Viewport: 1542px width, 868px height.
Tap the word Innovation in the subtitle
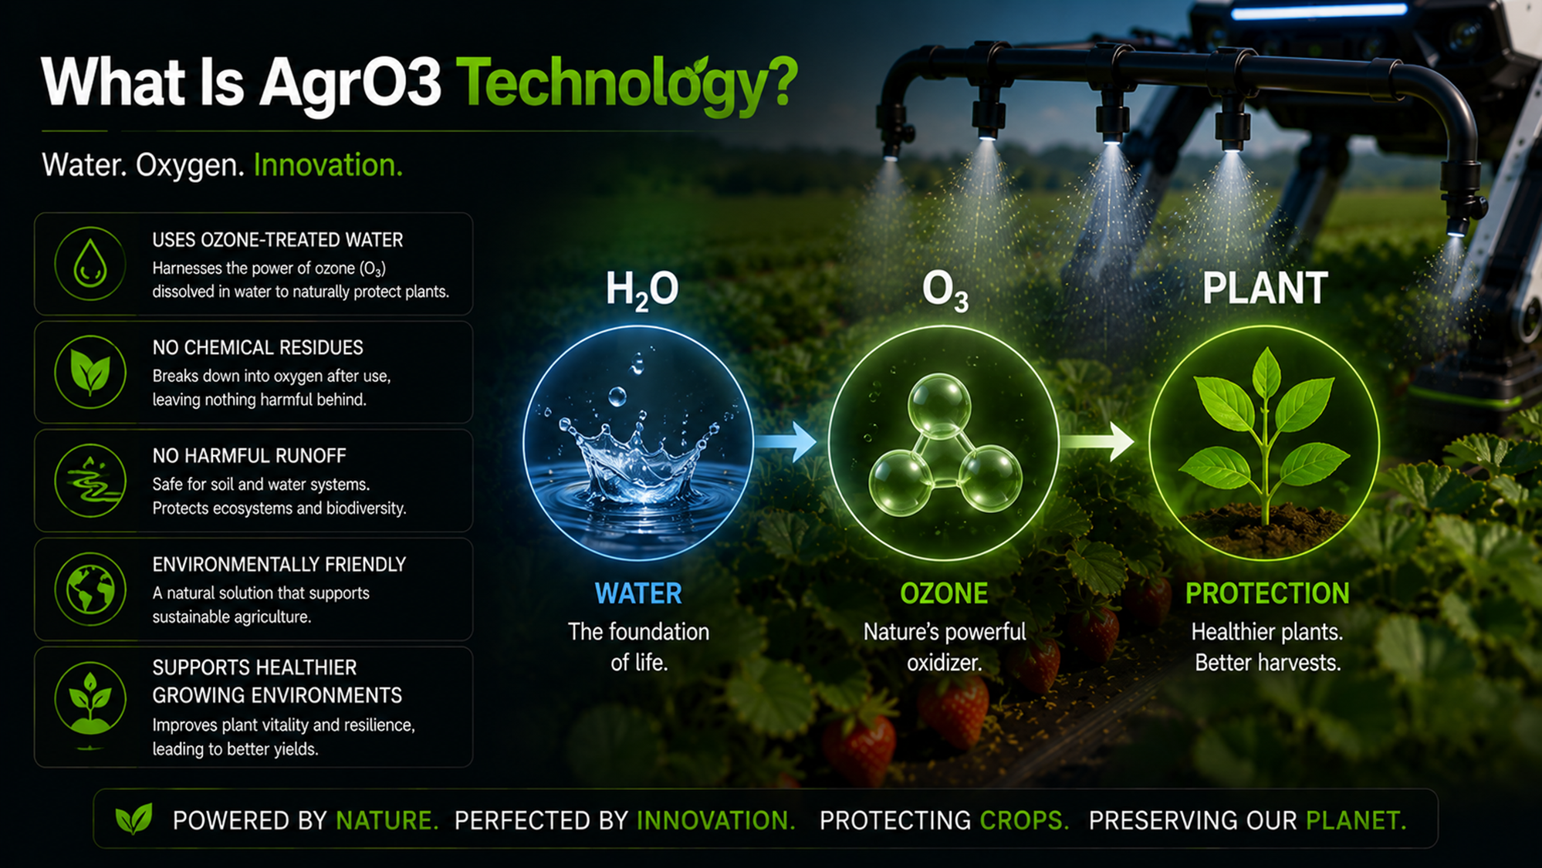pyautogui.click(x=328, y=165)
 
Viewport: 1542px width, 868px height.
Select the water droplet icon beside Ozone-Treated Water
pyautogui.click(x=90, y=264)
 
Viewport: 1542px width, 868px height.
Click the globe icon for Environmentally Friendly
pyautogui.click(x=90, y=589)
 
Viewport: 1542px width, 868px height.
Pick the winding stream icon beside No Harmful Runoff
pyautogui.click(x=90, y=481)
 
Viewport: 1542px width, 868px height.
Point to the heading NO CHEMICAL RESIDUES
pyautogui.click(x=258, y=348)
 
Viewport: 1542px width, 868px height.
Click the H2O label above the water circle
pyautogui.click(x=641, y=290)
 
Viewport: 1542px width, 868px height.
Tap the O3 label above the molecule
pyautogui.click(x=945, y=292)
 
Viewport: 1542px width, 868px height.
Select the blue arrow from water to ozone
pyautogui.click(x=784, y=441)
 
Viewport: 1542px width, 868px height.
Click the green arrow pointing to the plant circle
pyautogui.click(x=1096, y=441)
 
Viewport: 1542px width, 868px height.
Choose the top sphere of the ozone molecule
pyautogui.click(x=939, y=404)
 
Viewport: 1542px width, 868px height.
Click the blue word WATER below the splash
pyautogui.click(x=638, y=593)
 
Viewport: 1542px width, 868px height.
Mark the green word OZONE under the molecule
pyautogui.click(x=944, y=593)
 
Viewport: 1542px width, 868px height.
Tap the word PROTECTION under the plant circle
pyautogui.click(x=1267, y=593)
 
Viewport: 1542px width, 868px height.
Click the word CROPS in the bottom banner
pyautogui.click(x=1024, y=820)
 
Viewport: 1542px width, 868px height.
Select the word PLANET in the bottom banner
pyautogui.click(x=1356, y=820)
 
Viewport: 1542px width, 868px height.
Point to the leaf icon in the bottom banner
pyautogui.click(x=134, y=819)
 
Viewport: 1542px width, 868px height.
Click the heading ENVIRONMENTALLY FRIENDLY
pyautogui.click(x=279, y=565)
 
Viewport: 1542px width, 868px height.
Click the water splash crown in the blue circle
pyautogui.click(x=638, y=459)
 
